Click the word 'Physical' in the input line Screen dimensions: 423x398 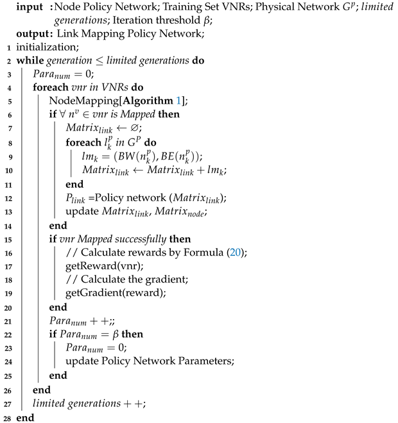[253, 8]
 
